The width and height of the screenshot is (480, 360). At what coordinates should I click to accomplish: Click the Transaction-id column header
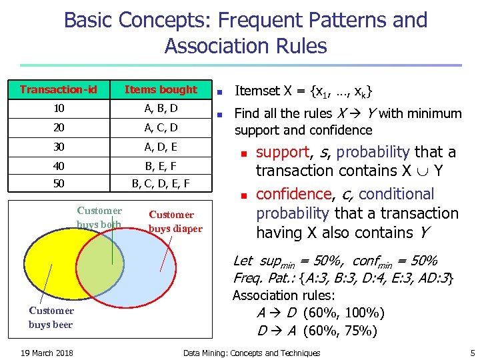(58, 90)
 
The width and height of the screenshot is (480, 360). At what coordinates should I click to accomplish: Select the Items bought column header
(161, 90)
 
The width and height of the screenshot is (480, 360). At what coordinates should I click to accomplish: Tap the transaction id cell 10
(58, 108)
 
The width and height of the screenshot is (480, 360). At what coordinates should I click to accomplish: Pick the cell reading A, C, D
(161, 127)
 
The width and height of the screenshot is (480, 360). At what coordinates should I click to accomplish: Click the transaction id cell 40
(58, 165)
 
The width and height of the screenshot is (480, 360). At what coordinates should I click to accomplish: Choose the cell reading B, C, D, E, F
(161, 183)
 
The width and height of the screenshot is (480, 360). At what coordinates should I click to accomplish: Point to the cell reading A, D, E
(161, 146)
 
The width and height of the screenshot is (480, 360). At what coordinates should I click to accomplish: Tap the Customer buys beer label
(51, 317)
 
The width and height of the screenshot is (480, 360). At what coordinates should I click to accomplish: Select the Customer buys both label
(99, 217)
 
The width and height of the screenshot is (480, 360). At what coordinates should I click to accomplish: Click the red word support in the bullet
(283, 152)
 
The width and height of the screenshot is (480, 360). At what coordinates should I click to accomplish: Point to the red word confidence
(293, 194)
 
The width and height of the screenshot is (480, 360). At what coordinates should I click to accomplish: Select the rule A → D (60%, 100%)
(320, 313)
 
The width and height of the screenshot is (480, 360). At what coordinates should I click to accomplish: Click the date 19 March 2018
(47, 353)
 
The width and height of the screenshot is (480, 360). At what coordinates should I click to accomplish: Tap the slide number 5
(473, 353)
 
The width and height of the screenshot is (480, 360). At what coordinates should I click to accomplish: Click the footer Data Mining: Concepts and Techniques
(251, 353)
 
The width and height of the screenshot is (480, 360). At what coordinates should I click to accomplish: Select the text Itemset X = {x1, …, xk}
(303, 91)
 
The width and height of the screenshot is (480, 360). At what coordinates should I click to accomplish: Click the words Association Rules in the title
(245, 46)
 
